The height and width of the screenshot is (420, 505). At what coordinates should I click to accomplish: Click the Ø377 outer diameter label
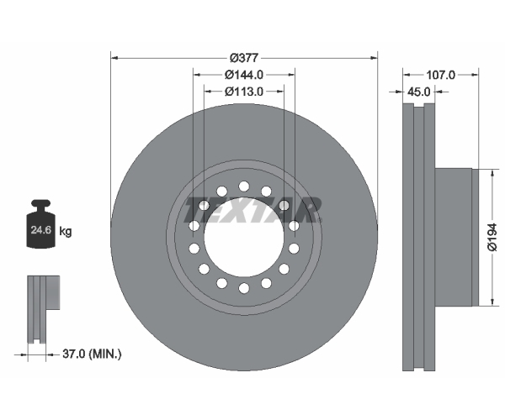[x=244, y=58]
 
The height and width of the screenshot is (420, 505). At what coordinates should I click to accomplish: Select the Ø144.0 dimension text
[x=244, y=75]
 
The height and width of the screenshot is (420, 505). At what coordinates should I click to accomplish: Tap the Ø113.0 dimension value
[x=244, y=92]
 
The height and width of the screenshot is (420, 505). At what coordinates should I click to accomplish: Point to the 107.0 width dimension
[x=440, y=75]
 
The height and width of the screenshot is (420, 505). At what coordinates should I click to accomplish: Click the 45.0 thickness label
[x=418, y=92]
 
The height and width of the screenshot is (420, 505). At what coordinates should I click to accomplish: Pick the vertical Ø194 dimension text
[x=492, y=237]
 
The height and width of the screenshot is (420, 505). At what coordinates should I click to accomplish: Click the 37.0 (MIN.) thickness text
[x=92, y=354]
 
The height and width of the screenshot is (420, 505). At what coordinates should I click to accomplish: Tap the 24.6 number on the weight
[x=41, y=230]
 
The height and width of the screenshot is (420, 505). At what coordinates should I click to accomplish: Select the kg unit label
[x=66, y=231]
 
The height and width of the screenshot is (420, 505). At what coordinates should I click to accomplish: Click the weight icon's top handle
[x=41, y=205]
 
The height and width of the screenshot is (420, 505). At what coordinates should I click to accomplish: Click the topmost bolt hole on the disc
[x=244, y=186]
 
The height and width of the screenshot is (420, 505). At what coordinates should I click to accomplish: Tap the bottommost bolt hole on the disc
[x=244, y=288]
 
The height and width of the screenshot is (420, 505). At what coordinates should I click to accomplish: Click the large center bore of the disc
[x=244, y=237]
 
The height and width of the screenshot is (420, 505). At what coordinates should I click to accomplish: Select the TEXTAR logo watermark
[x=252, y=210]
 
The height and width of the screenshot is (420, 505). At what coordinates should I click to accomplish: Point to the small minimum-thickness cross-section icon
[x=44, y=309]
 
